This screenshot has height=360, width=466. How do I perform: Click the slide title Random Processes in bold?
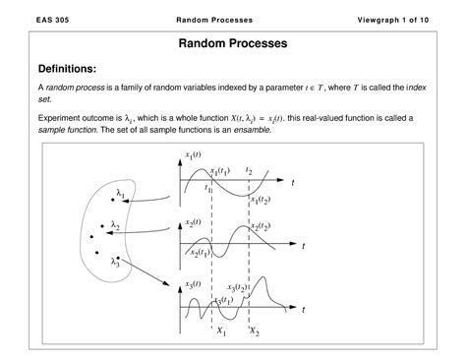(232, 44)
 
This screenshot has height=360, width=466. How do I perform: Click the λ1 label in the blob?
(120, 193)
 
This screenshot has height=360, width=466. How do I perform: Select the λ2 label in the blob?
(115, 227)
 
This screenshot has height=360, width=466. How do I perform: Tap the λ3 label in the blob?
(115, 261)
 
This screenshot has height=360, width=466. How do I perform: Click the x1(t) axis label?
(196, 154)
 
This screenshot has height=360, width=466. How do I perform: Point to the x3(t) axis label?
(196, 286)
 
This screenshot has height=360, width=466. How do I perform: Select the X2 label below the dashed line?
(255, 331)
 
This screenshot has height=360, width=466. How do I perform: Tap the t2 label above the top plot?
(249, 171)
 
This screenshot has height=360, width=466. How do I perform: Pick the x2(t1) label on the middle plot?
(200, 254)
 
